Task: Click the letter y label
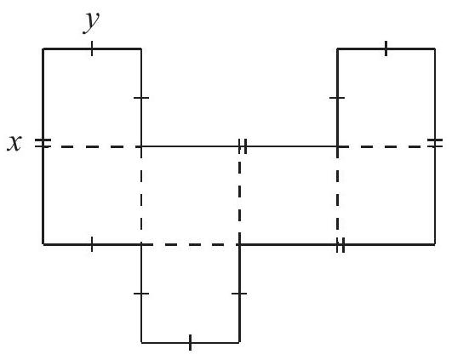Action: [x=91, y=23]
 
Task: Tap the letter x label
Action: [x=14, y=143]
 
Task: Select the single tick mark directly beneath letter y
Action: [x=92, y=49]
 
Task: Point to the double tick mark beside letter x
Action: [x=43, y=143]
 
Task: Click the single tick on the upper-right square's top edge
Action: [x=386, y=49]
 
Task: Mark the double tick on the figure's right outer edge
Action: [x=435, y=143]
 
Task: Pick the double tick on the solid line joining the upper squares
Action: [x=243, y=146]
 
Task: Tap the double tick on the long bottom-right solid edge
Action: [x=340, y=245]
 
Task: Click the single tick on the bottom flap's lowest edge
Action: [x=190, y=343]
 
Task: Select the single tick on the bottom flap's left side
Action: [x=141, y=294]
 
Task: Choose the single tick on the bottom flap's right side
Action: [x=239, y=294]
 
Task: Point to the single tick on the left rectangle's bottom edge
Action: [x=92, y=244]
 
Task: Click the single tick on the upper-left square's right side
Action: [x=141, y=98]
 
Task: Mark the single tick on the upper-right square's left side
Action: [x=337, y=98]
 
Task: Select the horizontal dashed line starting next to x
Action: [x=92, y=146]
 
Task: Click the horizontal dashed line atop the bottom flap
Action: [x=191, y=245]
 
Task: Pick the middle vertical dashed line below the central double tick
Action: [x=239, y=196]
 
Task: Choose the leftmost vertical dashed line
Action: [x=141, y=196]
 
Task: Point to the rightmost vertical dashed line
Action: [x=338, y=196]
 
